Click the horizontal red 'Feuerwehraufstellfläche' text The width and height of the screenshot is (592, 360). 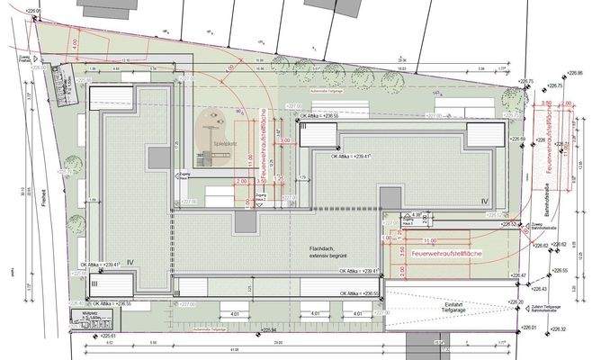[x=447, y=256]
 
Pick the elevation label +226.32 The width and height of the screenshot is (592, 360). [x=559, y=329]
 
